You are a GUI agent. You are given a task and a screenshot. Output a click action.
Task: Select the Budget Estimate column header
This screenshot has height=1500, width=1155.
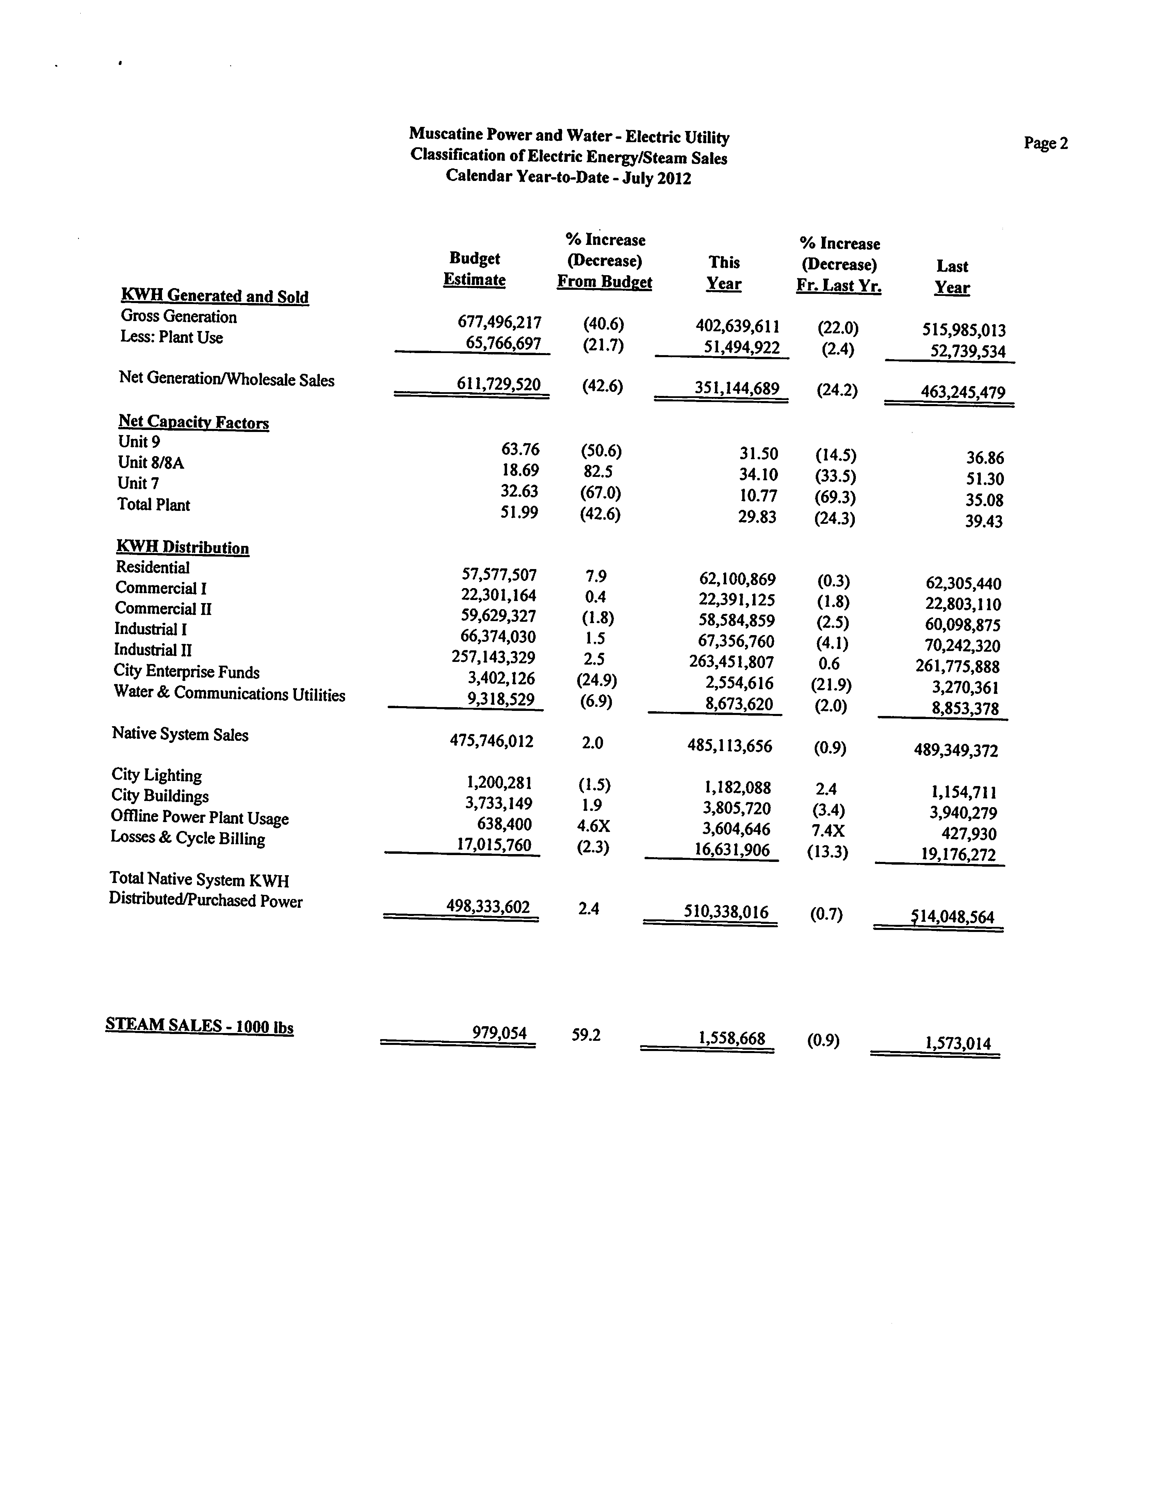(474, 269)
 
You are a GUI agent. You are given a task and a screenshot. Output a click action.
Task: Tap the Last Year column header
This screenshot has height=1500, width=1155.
(951, 277)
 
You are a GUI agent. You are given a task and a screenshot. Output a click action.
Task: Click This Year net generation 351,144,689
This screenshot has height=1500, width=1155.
(736, 389)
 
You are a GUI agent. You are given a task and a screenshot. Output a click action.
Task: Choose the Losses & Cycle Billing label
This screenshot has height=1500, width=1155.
(188, 838)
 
